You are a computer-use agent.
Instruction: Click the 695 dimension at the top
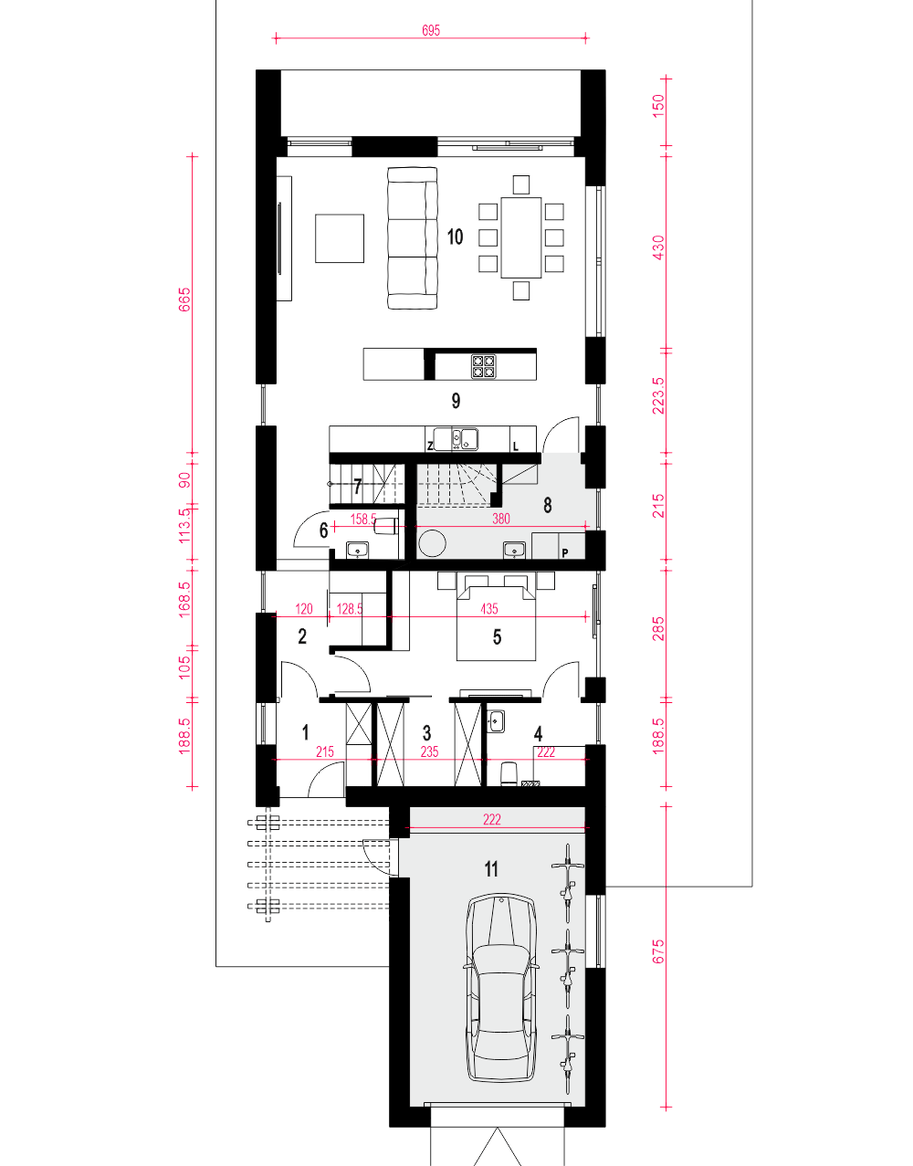coord(431,30)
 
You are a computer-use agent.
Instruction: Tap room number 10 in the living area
coord(455,236)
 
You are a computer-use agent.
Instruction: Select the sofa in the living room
coord(412,237)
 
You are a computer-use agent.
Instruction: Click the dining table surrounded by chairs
coord(521,237)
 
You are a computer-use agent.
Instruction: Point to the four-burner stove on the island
coord(483,367)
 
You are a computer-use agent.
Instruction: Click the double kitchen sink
coord(456,438)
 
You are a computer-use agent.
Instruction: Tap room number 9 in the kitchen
coord(456,401)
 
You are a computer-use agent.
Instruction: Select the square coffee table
coord(340,238)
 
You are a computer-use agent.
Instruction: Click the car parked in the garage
coord(501,988)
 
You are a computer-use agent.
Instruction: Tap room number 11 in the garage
coord(491,868)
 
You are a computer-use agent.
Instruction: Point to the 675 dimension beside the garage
coord(658,951)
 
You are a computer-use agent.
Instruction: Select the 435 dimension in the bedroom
coord(488,609)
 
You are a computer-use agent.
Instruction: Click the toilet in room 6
coord(385,526)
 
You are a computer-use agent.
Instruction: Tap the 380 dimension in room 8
coord(500,519)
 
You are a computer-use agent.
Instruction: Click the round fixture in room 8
coord(433,543)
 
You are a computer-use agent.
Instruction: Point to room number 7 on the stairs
coord(357,487)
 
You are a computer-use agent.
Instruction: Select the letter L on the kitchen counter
coord(516,446)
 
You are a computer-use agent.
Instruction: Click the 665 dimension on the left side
coord(184,300)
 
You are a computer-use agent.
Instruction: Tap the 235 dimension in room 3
coord(429,751)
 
